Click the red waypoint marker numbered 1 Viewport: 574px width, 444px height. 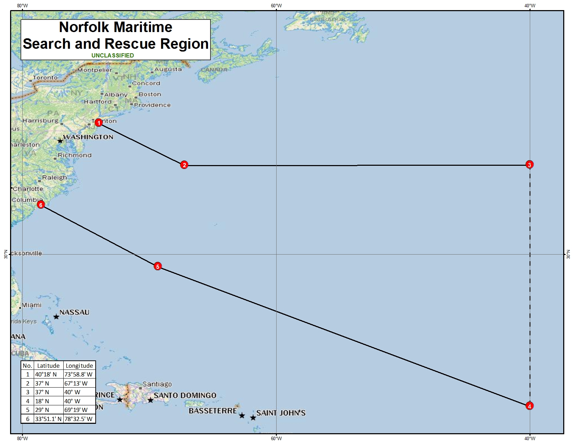pos(99,123)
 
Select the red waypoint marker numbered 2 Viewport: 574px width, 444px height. pos(184,165)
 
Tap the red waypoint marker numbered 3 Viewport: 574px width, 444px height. pos(529,164)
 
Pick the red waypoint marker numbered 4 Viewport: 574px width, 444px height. pos(529,406)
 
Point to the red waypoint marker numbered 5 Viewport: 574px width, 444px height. pos(158,266)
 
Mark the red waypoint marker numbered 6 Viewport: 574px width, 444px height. pos(41,205)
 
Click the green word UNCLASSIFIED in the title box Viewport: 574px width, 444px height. pos(113,55)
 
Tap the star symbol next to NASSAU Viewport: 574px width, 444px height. pos(56,317)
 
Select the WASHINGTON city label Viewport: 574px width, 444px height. pos(88,137)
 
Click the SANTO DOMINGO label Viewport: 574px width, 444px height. pos(185,396)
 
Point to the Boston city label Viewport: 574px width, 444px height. pos(150,94)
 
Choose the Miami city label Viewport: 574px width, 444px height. pos(32,305)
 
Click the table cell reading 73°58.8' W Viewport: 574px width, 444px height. pos(79,375)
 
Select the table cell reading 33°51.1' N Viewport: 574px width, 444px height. pos(48,419)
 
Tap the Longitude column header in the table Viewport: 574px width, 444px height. pos(79,366)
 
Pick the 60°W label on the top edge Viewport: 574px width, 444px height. pos(276,6)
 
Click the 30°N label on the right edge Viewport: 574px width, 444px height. pos(568,254)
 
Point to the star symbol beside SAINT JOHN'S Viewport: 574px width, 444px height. pos(253,418)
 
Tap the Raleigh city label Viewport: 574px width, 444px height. pos(54,178)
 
